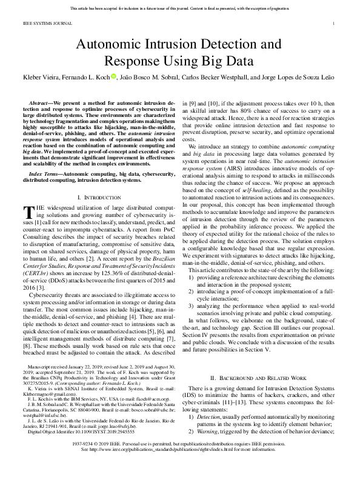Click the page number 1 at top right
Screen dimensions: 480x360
click(x=335, y=24)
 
